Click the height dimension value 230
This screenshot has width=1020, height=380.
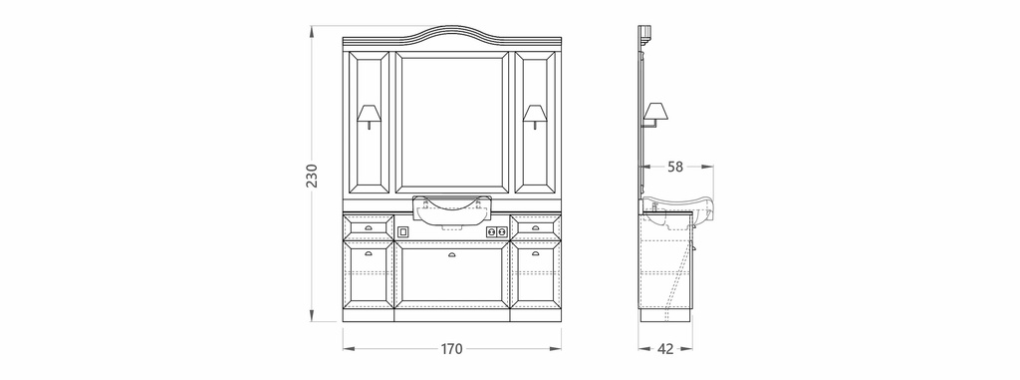(312, 176)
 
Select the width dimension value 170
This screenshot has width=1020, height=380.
(451, 349)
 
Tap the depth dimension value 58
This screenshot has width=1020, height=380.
(676, 167)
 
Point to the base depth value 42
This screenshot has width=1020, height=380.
(665, 349)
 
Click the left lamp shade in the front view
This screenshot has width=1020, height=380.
(369, 113)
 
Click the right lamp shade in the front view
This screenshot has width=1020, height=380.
(535, 113)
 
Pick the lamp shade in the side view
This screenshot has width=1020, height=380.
(655, 111)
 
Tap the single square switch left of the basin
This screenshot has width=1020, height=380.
(402, 231)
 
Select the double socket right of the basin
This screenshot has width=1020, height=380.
(496, 231)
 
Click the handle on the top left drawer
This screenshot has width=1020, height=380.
(369, 227)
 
